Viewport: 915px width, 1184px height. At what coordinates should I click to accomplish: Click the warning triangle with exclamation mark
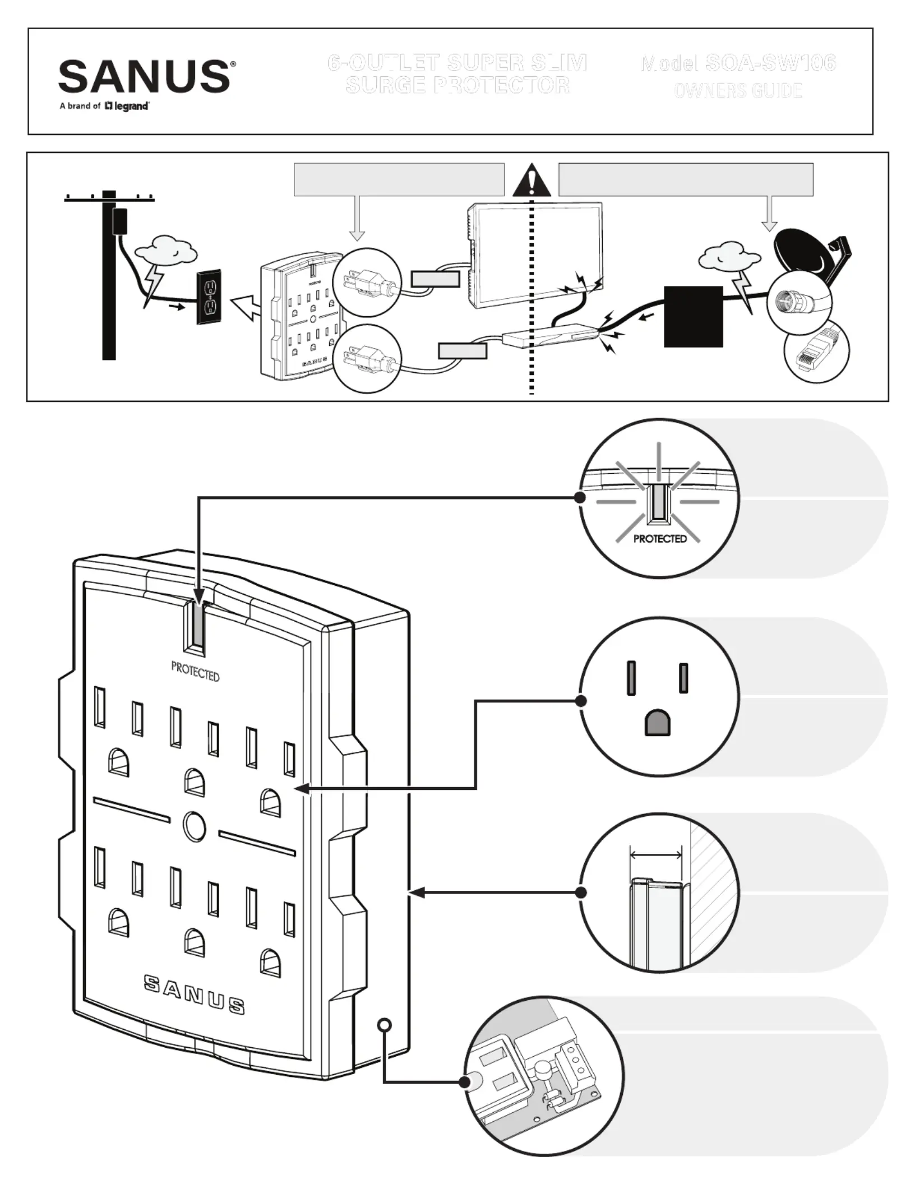click(532, 181)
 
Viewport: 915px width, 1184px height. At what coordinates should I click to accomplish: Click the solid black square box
click(693, 317)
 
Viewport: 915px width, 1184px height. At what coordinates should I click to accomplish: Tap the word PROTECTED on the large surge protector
click(195, 671)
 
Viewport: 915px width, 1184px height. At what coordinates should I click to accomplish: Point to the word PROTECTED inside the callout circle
click(660, 539)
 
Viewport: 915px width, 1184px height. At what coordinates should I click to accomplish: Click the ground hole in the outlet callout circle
click(658, 723)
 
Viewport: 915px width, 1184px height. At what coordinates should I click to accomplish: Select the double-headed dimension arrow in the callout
click(656, 855)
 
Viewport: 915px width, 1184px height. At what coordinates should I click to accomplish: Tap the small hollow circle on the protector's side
click(384, 1024)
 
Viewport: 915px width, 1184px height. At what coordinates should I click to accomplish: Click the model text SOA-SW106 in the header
click(770, 63)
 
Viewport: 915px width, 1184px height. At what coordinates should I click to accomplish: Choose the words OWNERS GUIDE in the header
click(738, 90)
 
